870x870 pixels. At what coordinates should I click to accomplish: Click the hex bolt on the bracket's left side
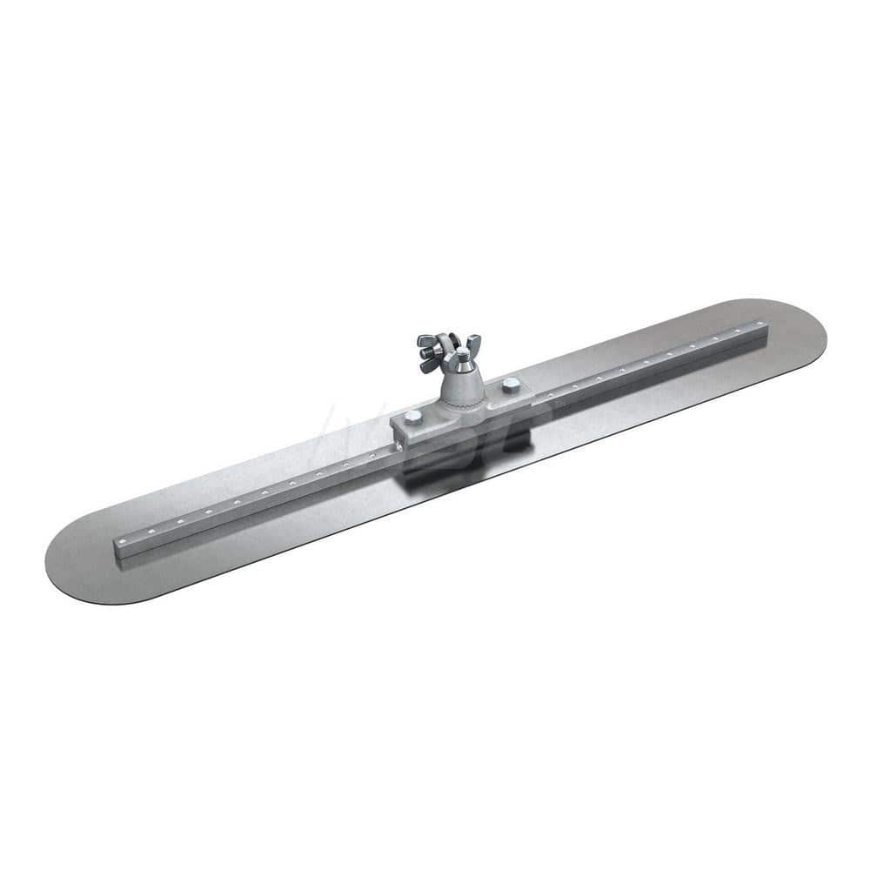pos(412,417)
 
